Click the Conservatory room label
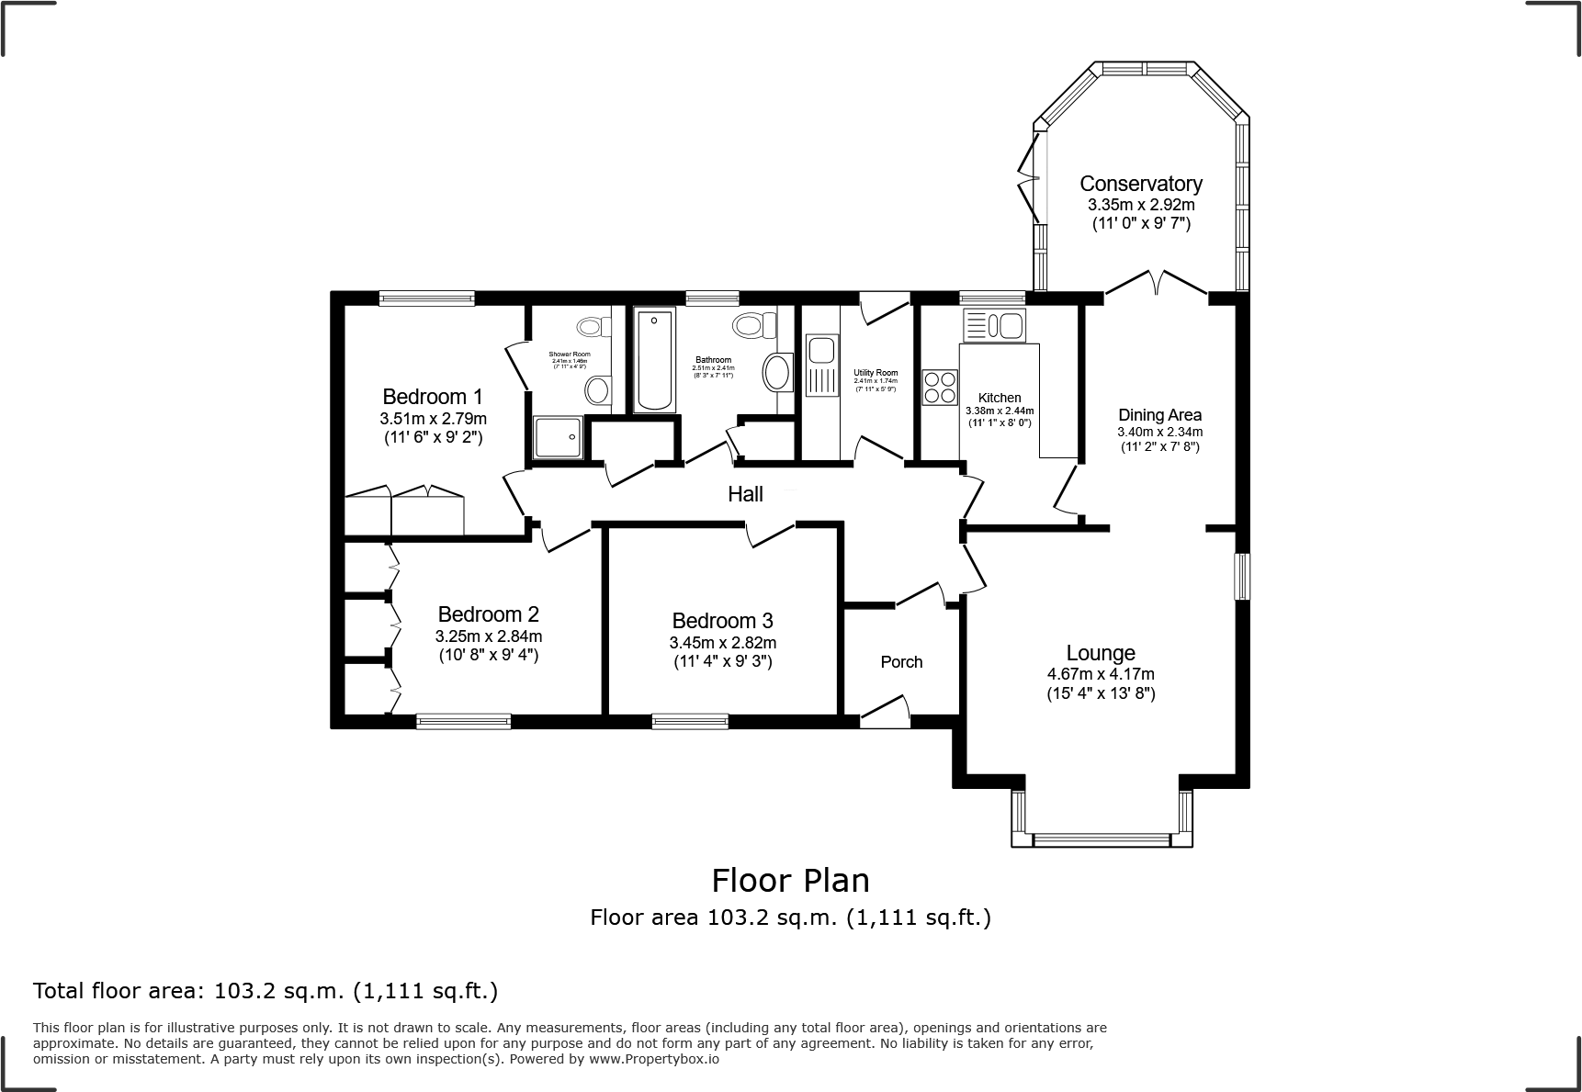click(1141, 184)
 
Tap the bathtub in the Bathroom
click(654, 361)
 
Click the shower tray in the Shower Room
click(558, 436)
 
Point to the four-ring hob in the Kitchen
click(939, 386)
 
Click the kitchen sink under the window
click(993, 325)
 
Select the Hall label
click(745, 494)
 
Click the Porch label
click(901, 662)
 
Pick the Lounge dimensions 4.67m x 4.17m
click(1101, 674)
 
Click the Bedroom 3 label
click(722, 621)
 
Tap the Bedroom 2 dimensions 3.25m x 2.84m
click(488, 636)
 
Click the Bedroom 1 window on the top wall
click(427, 298)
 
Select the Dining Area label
click(1159, 415)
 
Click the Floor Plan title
click(790, 880)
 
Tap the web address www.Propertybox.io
click(653, 1058)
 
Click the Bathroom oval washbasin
click(777, 373)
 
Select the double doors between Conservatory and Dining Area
click(1156, 285)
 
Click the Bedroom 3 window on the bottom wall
click(690, 722)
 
